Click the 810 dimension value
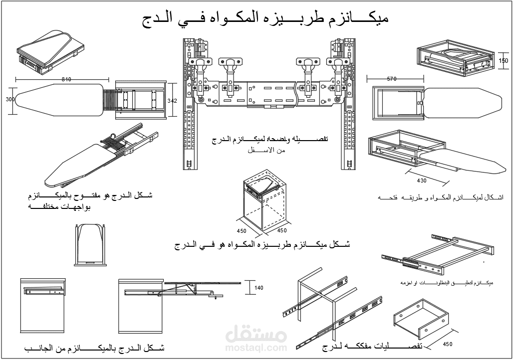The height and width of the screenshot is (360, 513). (x=67, y=79)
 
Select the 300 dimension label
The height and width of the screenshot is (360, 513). (x=9, y=100)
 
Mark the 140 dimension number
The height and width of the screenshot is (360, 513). (x=258, y=288)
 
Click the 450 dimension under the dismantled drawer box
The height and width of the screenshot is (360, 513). (x=447, y=344)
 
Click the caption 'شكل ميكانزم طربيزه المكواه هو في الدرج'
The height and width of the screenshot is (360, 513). (x=262, y=245)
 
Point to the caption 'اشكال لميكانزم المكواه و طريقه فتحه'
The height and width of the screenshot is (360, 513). (x=441, y=197)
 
